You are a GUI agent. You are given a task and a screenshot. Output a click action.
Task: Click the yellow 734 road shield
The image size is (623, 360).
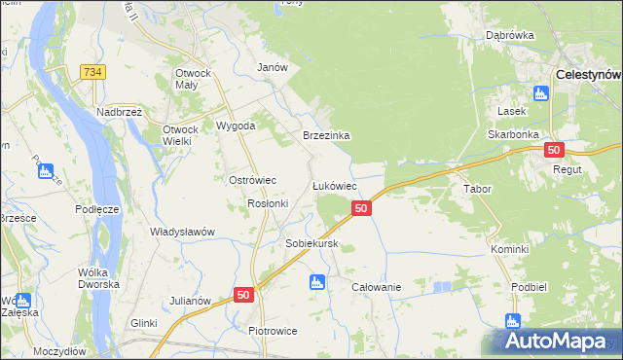point(92,72)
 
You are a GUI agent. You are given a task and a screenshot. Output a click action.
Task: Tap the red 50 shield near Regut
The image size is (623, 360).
point(554,150)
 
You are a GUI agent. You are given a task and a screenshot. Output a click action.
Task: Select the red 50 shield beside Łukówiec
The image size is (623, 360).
point(361,208)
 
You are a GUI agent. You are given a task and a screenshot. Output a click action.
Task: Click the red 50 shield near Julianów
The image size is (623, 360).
point(243,294)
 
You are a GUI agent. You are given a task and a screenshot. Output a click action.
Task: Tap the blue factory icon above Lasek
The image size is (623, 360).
point(541,93)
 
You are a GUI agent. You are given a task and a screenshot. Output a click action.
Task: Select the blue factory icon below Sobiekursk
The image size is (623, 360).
point(315,283)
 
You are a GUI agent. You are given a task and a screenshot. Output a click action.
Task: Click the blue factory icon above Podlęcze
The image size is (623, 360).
point(45,171)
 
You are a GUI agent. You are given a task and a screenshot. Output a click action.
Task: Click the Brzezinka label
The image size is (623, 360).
point(326,136)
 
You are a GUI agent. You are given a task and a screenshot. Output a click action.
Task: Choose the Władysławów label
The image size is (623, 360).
point(182,232)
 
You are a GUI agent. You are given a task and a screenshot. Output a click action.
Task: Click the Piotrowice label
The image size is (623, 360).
point(273,331)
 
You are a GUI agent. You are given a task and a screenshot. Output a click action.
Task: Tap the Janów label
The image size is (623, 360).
point(272,67)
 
